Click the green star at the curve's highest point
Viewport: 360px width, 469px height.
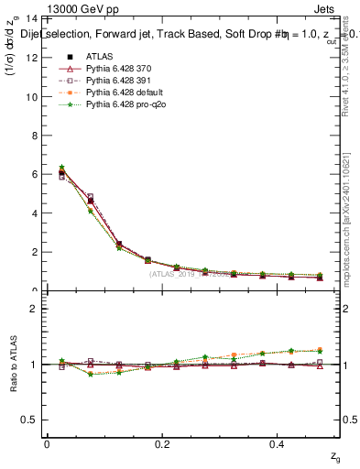pos(61,168)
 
